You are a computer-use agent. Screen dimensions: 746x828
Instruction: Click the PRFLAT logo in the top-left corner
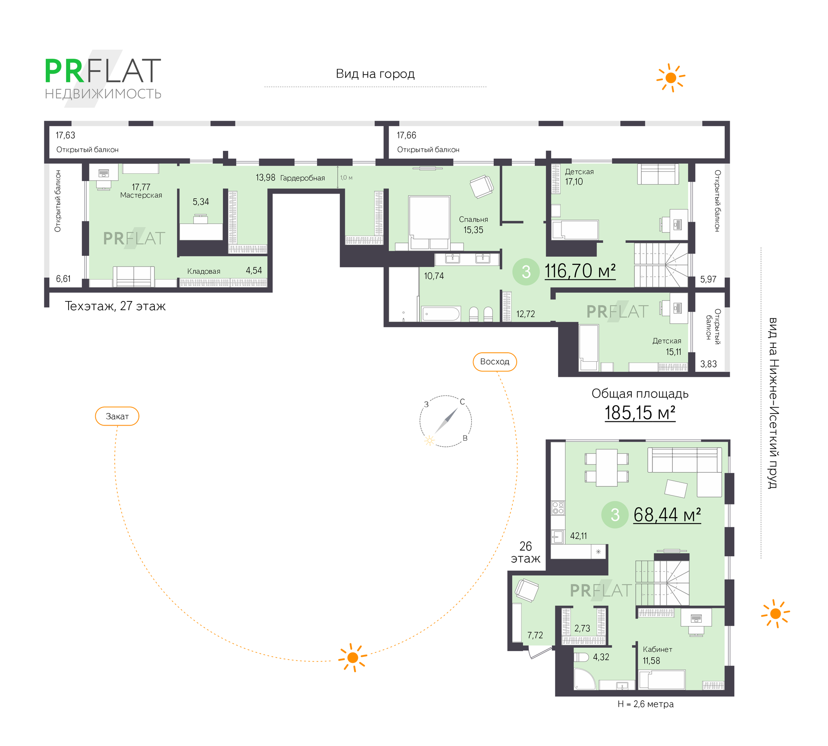tap(103, 78)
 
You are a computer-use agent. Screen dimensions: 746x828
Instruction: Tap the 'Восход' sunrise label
tap(495, 362)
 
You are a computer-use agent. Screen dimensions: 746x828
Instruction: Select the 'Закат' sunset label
tap(117, 416)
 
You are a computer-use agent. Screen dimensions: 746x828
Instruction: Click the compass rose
tap(445, 421)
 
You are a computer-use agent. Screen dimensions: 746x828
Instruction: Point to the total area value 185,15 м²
tap(640, 413)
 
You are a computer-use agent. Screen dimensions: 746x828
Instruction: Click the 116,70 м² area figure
tap(580, 271)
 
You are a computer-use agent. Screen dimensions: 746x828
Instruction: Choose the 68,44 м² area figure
tap(667, 514)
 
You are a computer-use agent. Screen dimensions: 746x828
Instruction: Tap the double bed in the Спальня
tap(429, 222)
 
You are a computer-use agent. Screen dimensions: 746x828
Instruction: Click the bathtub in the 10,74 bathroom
tap(441, 313)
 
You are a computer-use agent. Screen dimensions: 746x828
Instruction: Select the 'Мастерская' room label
tap(141, 195)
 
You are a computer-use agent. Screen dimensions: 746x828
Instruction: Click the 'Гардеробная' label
tap(302, 178)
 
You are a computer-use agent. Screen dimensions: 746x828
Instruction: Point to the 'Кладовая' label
tap(204, 271)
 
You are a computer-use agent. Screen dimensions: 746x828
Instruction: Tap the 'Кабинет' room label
tap(657, 649)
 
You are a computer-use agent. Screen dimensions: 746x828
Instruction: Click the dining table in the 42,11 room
tap(606, 467)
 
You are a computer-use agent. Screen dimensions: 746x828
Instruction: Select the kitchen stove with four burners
tap(558, 508)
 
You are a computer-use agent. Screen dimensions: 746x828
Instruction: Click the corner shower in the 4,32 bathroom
tap(584, 680)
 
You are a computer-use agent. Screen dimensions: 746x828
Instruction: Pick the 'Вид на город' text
tap(375, 74)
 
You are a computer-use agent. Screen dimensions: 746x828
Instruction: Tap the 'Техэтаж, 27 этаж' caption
tap(115, 306)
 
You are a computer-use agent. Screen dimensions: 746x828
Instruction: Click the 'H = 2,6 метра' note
tap(645, 704)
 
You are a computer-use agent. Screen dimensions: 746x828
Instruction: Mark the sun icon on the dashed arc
tap(353, 658)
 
